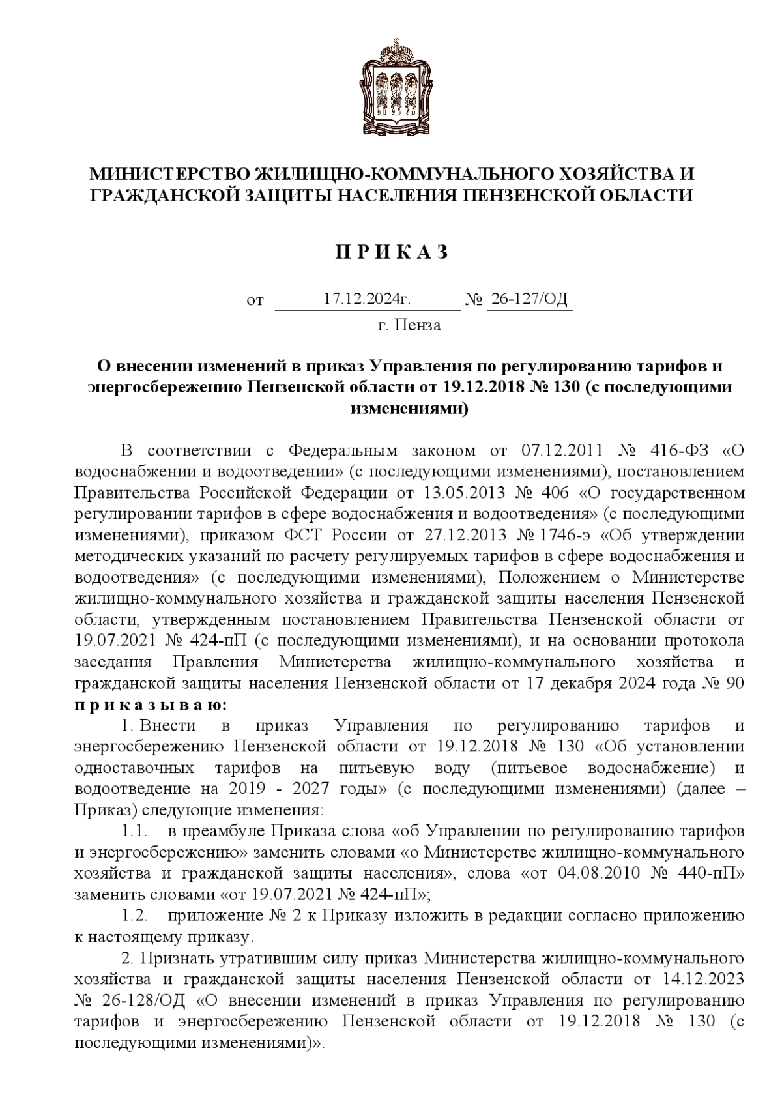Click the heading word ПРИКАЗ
coord(392,253)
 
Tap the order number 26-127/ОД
coord(529,299)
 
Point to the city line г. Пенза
coord(409,325)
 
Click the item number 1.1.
coord(134,832)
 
